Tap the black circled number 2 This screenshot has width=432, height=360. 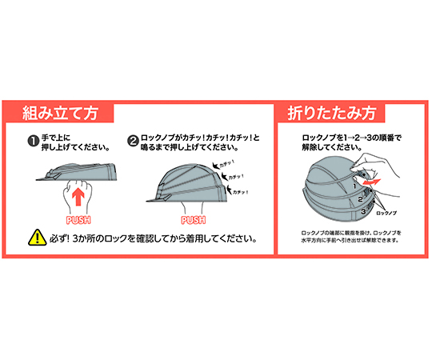(x=133, y=142)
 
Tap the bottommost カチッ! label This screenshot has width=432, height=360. (x=242, y=191)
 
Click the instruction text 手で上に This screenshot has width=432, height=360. (x=61, y=138)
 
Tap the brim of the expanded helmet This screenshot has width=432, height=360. (x=150, y=200)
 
